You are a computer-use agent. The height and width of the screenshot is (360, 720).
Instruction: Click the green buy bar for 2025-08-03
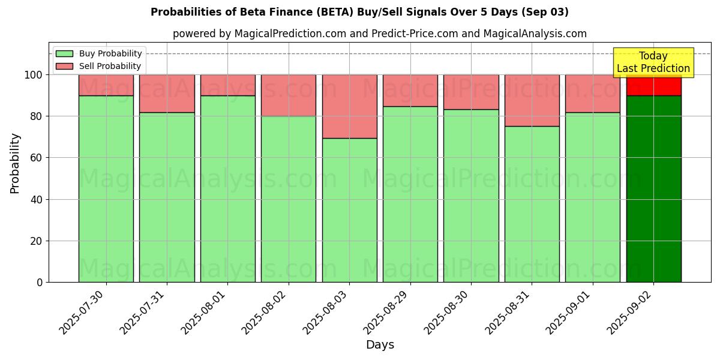coord(349,210)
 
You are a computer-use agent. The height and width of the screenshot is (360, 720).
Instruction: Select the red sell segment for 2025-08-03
coord(349,106)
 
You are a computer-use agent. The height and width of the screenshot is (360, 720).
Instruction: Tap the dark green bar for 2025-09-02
coord(653,189)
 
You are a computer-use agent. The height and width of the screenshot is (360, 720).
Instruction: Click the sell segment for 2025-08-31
coord(532,100)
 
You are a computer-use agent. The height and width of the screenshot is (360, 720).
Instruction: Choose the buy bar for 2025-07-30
coord(106,189)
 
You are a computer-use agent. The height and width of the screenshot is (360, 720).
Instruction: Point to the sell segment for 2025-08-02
coord(289,95)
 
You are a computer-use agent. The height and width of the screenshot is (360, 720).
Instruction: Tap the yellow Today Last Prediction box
coord(653,62)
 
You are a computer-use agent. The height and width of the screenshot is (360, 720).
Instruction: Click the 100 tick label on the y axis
coord(33,75)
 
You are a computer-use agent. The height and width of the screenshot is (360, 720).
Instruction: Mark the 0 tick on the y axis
coord(39,282)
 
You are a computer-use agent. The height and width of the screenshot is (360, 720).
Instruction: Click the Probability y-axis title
coord(15,163)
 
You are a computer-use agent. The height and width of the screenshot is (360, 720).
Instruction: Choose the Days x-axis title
coord(380,345)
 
